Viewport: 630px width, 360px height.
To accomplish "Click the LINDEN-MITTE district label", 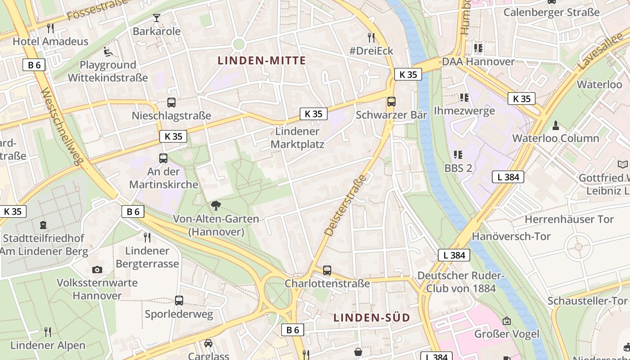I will [x=261, y=61].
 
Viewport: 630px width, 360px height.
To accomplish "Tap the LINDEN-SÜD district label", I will [x=372, y=318].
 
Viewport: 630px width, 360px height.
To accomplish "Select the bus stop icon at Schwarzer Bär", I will [x=391, y=102].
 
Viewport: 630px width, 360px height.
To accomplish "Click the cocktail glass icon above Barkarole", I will [x=157, y=18].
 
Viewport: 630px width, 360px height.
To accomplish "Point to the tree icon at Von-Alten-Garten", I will [x=216, y=206].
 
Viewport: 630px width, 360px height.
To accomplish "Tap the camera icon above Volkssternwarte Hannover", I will [x=97, y=270].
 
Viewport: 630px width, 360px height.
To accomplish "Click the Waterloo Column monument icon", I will [x=556, y=125].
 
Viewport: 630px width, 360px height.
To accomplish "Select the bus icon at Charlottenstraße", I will [x=327, y=270].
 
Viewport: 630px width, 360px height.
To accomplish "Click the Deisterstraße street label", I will [x=346, y=205].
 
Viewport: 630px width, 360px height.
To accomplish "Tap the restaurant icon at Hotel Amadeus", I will [x=50, y=28].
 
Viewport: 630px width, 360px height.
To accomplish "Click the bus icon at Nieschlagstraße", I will [x=171, y=103].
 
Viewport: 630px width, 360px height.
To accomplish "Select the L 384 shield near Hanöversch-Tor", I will [x=454, y=255].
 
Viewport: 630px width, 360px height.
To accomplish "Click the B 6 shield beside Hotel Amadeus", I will [x=34, y=65].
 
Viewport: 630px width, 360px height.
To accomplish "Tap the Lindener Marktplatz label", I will [x=297, y=138].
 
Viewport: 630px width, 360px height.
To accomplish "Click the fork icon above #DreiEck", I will [x=371, y=37].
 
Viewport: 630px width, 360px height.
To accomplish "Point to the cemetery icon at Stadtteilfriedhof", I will [x=43, y=225].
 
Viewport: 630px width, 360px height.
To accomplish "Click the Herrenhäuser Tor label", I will [x=569, y=220].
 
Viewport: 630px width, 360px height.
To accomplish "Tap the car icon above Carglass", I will [x=208, y=343].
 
